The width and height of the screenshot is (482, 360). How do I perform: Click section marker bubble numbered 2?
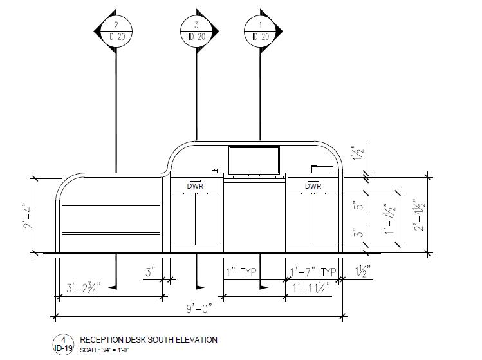click(x=116, y=30)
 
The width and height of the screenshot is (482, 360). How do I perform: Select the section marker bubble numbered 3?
click(x=197, y=30)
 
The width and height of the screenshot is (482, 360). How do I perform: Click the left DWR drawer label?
click(x=195, y=186)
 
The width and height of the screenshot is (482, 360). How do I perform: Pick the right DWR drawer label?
click(x=313, y=186)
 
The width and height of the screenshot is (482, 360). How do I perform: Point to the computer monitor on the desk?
click(x=254, y=160)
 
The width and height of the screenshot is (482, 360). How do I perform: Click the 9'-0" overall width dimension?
click(x=200, y=309)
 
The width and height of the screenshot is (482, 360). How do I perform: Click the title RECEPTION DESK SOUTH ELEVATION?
click(x=148, y=340)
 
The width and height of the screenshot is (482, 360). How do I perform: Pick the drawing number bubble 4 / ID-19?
click(x=64, y=344)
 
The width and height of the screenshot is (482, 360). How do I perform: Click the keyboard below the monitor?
click(x=255, y=175)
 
